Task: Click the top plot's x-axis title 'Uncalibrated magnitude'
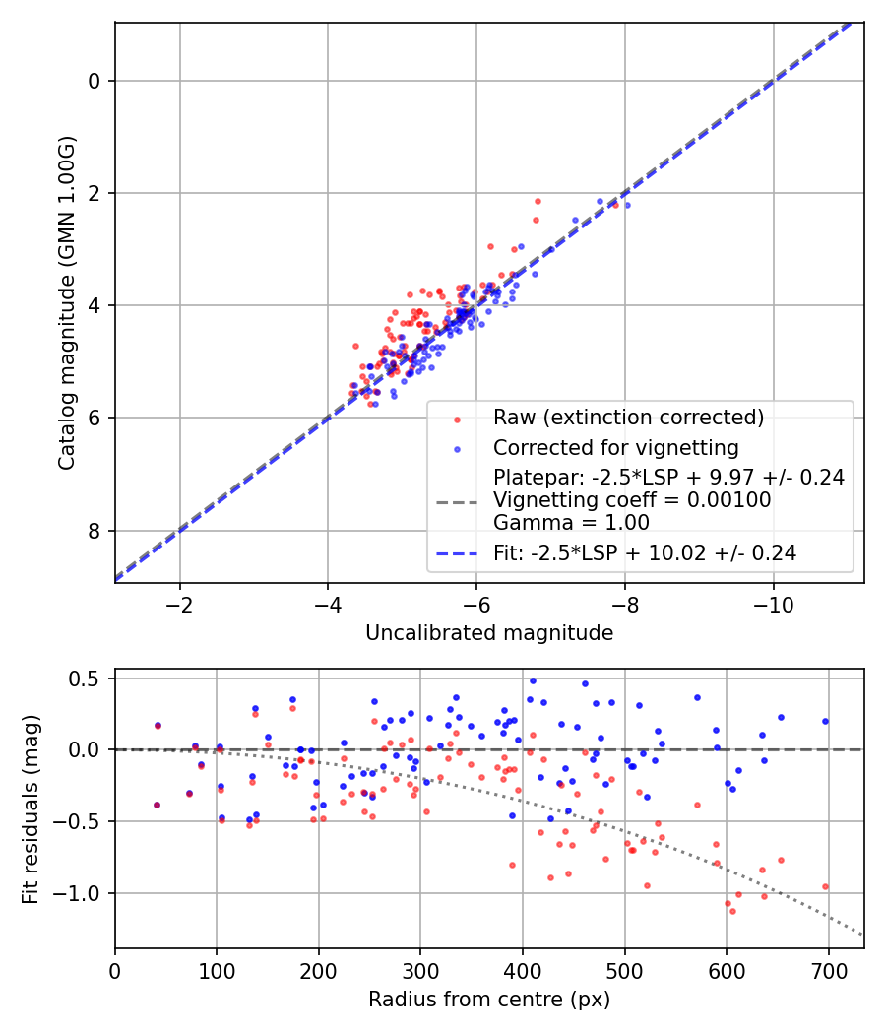[x=489, y=633]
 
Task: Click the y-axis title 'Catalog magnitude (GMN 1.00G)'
[x=66, y=302]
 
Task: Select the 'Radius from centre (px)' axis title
[x=489, y=1000]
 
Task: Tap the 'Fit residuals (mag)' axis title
[x=31, y=808]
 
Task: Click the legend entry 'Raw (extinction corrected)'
[x=628, y=418]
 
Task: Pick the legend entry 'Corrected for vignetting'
[x=615, y=448]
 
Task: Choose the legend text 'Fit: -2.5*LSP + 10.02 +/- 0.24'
[x=645, y=553]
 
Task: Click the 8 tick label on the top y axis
[x=95, y=531]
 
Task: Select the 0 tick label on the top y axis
[x=95, y=81]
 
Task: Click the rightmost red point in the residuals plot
[x=825, y=886]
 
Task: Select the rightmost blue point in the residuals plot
[x=825, y=721]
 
